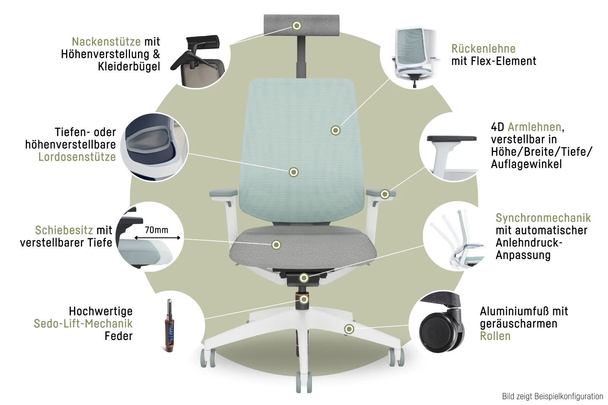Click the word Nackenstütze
(x=106, y=41)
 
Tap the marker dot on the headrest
(x=297, y=26)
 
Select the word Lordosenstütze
(x=77, y=157)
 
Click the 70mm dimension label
(x=156, y=230)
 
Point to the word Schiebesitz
(x=64, y=230)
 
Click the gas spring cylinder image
(x=169, y=326)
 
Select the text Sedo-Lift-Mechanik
(x=83, y=324)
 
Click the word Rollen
(x=495, y=336)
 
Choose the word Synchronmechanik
(x=543, y=218)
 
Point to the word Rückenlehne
(x=483, y=49)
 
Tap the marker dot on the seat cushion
(x=276, y=245)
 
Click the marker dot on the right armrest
(x=385, y=195)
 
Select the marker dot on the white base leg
(x=349, y=329)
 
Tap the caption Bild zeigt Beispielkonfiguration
(x=553, y=397)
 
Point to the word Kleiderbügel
(x=129, y=66)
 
